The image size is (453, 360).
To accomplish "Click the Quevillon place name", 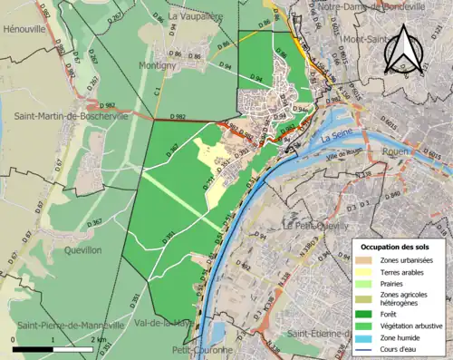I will point(77,249).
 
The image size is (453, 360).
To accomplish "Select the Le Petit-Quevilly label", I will point(317,224).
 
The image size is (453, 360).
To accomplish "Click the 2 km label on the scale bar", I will point(98,340).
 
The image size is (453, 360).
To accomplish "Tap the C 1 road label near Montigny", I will point(157,91).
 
